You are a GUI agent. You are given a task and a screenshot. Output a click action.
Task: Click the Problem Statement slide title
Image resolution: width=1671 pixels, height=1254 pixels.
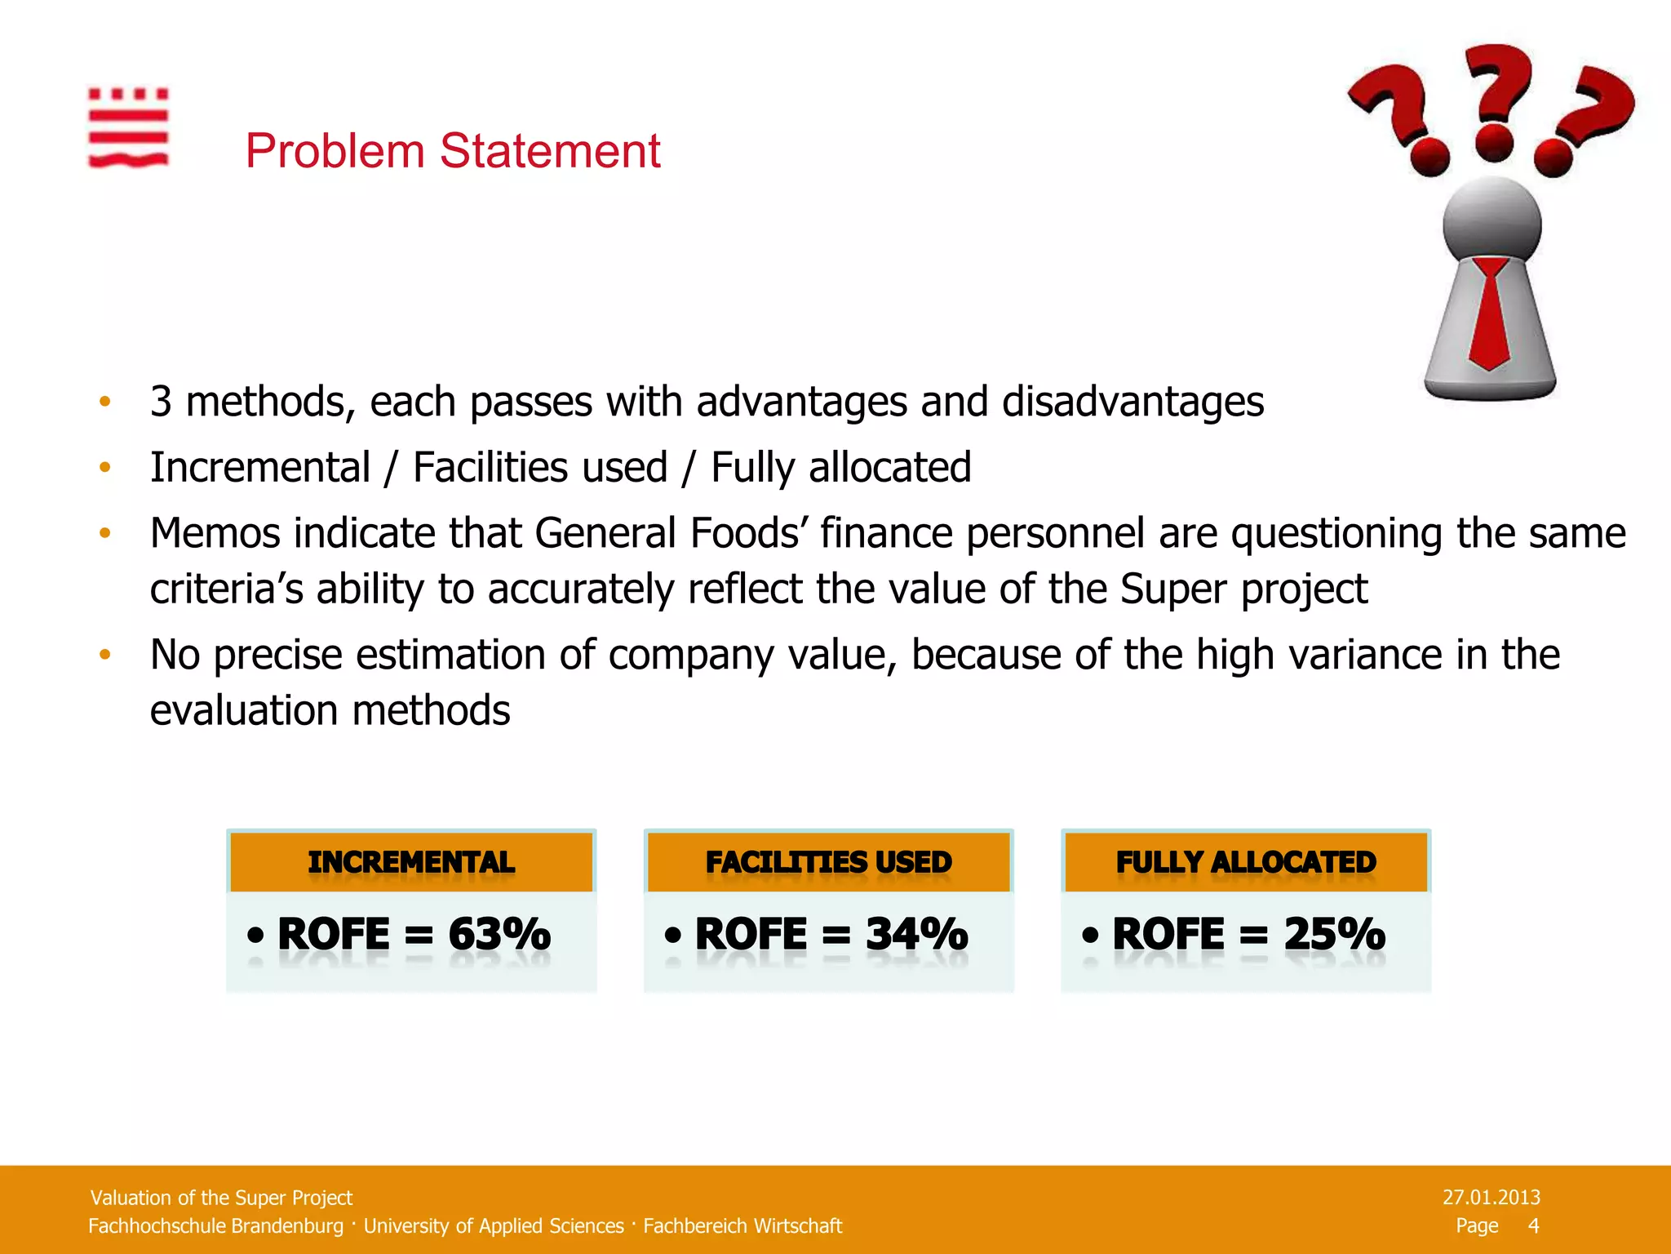[453, 151]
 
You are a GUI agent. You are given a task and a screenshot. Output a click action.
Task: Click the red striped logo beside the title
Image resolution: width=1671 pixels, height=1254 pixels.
[128, 128]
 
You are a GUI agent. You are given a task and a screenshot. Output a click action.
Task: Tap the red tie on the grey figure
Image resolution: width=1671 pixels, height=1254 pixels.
[1490, 314]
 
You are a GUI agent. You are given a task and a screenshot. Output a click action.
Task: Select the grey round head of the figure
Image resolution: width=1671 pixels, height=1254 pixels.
[1491, 220]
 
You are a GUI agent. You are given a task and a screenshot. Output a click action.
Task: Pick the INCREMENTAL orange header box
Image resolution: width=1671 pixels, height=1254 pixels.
[411, 862]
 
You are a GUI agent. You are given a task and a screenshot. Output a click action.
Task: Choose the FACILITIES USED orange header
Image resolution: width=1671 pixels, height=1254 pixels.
[828, 862]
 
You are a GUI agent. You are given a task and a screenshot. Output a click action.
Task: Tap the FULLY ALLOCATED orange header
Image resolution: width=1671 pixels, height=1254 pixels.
[1246, 862]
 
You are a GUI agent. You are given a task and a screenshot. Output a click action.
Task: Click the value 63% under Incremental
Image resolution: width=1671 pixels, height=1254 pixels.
[499, 934]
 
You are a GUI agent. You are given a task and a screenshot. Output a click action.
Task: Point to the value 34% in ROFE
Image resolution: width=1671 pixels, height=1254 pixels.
[916, 934]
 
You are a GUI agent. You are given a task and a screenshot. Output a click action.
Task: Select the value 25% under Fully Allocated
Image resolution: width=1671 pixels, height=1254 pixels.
[1334, 934]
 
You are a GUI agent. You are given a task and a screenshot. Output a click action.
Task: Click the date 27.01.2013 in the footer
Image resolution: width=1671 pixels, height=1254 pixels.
[1491, 1197]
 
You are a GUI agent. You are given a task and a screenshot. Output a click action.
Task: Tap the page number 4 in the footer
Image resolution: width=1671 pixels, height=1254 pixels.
[1533, 1225]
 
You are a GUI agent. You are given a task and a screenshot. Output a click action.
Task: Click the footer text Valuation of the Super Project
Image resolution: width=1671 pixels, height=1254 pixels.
[221, 1198]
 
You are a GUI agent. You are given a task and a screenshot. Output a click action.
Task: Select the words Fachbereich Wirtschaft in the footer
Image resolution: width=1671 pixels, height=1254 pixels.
[742, 1226]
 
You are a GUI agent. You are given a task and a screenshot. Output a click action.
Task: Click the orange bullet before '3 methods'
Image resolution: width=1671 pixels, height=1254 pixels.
[104, 402]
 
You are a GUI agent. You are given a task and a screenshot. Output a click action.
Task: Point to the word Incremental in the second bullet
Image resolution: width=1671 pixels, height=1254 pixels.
[260, 468]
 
